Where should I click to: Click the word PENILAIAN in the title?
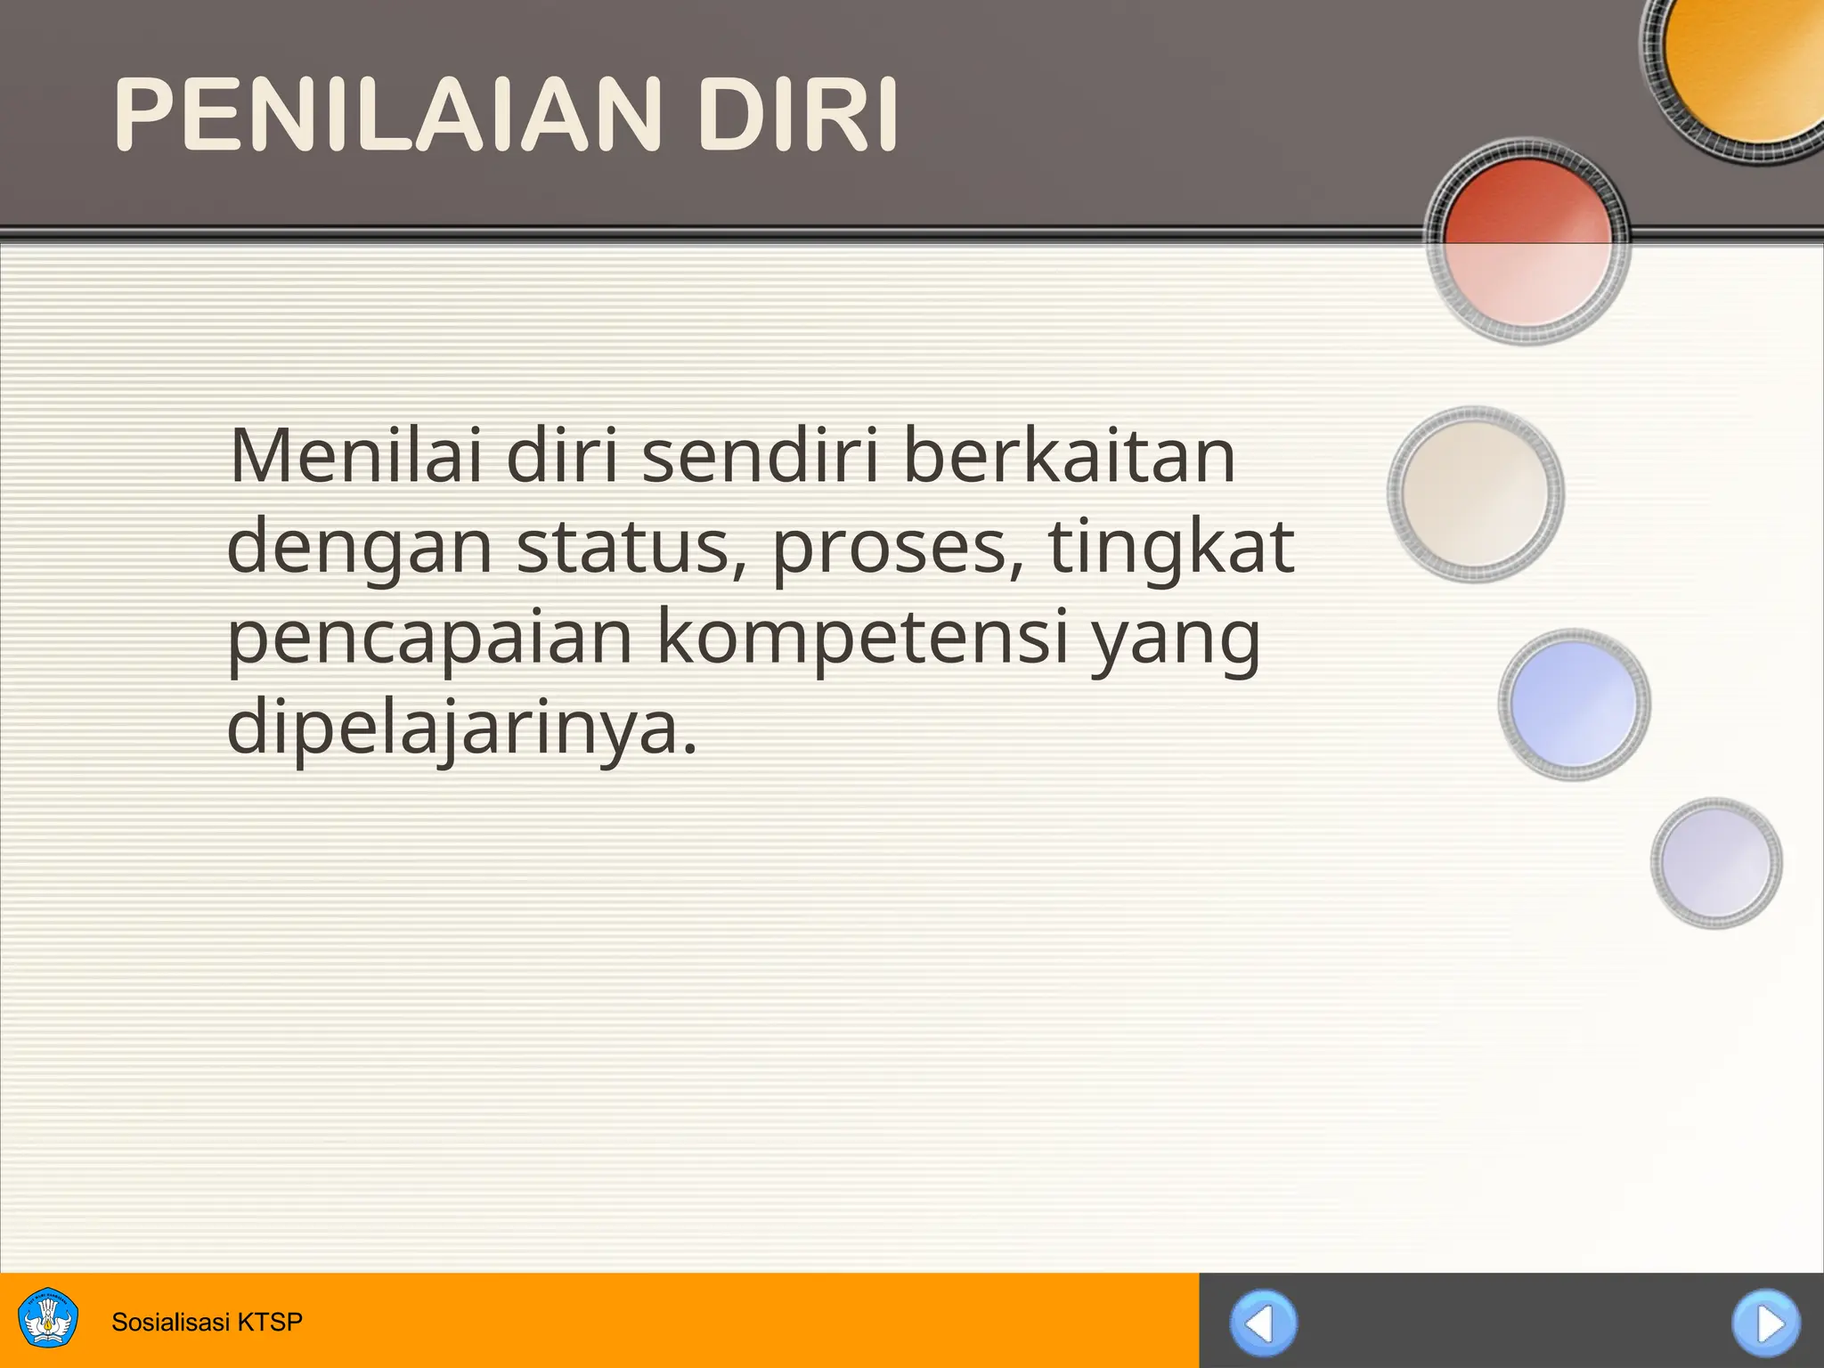pos(388,116)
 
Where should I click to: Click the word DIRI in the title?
pos(797,116)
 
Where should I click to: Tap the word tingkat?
pos(1170,549)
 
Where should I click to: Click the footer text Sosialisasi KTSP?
pos(207,1322)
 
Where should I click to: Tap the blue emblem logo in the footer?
pos(48,1318)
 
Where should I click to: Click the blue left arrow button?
pos(1263,1323)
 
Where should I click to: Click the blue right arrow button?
pos(1765,1323)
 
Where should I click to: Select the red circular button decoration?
pos(1527,240)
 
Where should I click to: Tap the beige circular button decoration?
pos(1476,494)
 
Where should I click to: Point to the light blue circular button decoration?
pos(1574,704)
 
